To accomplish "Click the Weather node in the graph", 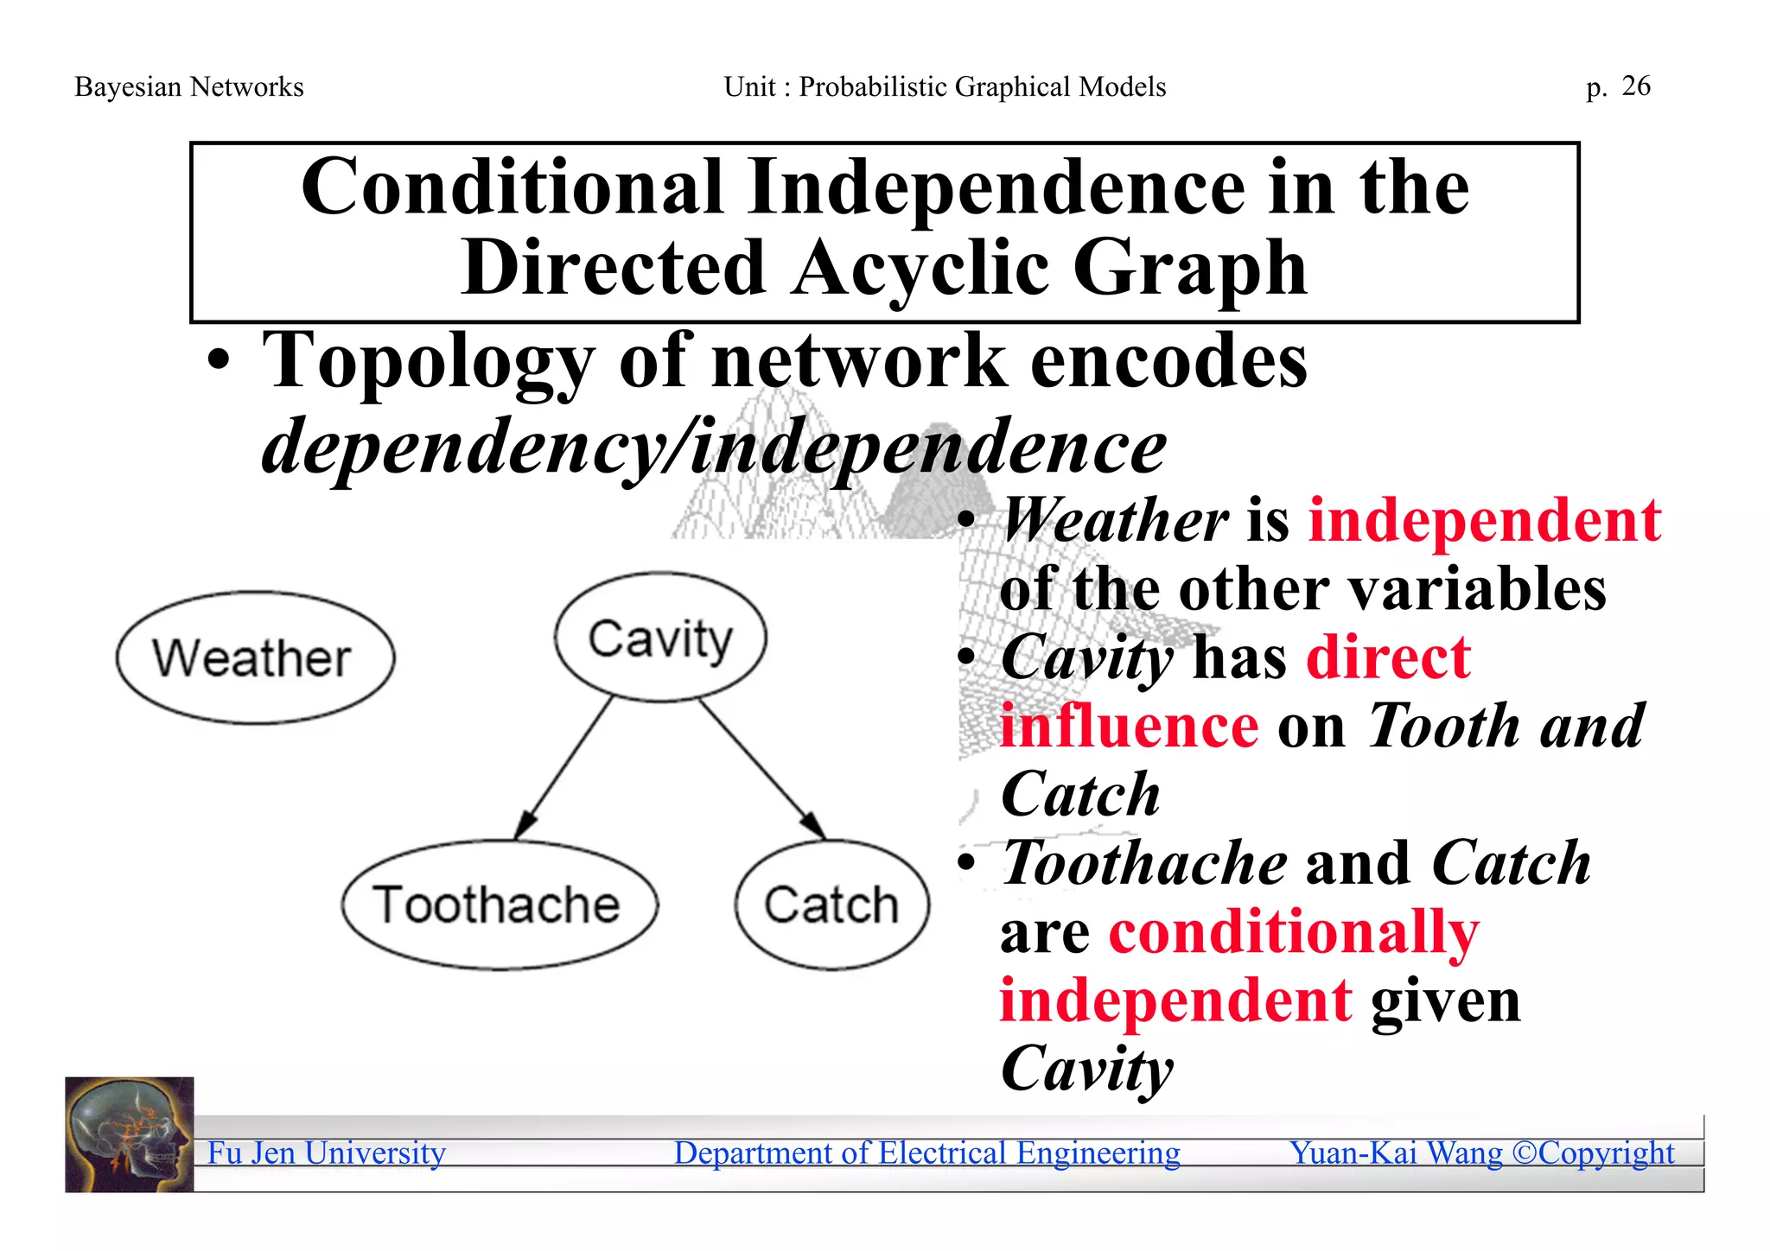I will [x=255, y=658].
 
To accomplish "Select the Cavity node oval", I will [x=660, y=638].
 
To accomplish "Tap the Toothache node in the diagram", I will [x=499, y=905].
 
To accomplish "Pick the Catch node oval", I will [x=831, y=905].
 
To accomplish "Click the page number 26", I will [x=1635, y=86].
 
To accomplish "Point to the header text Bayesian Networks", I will [x=188, y=86].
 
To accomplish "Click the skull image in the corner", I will [x=129, y=1134].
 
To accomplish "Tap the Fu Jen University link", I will [x=326, y=1153].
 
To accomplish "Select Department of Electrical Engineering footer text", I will [x=926, y=1153].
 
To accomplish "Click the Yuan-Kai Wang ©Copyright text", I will [x=1481, y=1153].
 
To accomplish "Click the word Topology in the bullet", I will [x=429, y=361].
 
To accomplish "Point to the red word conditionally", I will [x=1294, y=933].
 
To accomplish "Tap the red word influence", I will [x=1129, y=727].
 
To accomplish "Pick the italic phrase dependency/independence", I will [x=714, y=448].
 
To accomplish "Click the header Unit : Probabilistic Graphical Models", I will [x=945, y=86].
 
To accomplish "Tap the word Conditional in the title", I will [x=512, y=187].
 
